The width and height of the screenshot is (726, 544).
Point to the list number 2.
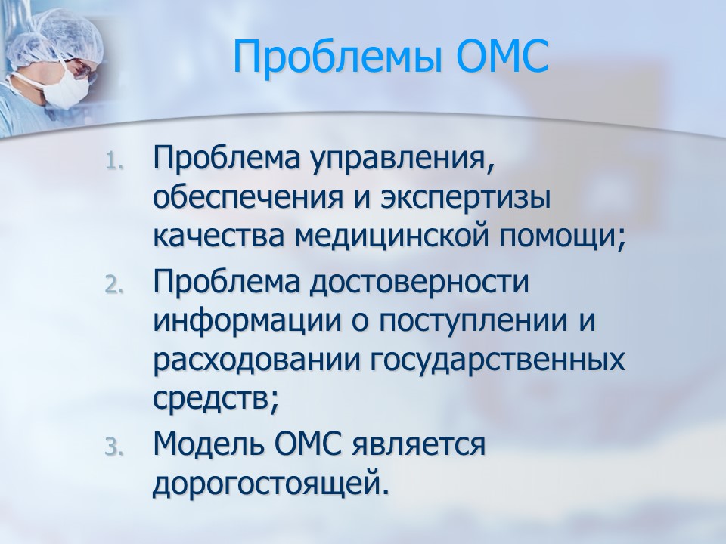[114, 285]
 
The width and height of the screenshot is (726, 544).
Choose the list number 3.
[114, 447]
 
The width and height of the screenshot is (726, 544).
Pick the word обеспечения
[248, 198]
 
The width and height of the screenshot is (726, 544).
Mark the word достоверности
[419, 283]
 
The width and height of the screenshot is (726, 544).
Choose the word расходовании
[256, 362]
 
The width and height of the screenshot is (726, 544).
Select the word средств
[216, 400]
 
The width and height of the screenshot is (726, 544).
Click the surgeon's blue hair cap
[54, 38]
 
